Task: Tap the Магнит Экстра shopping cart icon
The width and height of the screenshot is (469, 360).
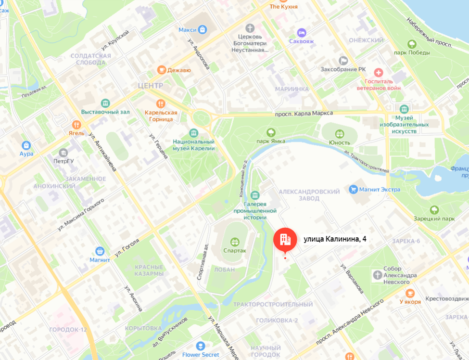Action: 355,189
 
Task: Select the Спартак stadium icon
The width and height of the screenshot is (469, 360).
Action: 235,242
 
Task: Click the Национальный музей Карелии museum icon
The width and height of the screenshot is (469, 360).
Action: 194,132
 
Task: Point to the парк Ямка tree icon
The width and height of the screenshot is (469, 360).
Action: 271,132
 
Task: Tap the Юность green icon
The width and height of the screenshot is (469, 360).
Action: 340,133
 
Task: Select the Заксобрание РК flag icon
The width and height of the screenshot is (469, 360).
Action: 343,60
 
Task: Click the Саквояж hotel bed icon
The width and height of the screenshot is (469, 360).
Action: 302,32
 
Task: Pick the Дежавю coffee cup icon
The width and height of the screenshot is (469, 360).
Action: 162,70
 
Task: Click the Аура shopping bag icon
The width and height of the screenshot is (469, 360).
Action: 26,145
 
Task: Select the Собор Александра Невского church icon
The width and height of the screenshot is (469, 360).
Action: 378,275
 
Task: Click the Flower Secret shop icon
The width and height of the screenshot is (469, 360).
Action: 201,346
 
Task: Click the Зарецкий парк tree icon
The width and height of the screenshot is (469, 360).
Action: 434,209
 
